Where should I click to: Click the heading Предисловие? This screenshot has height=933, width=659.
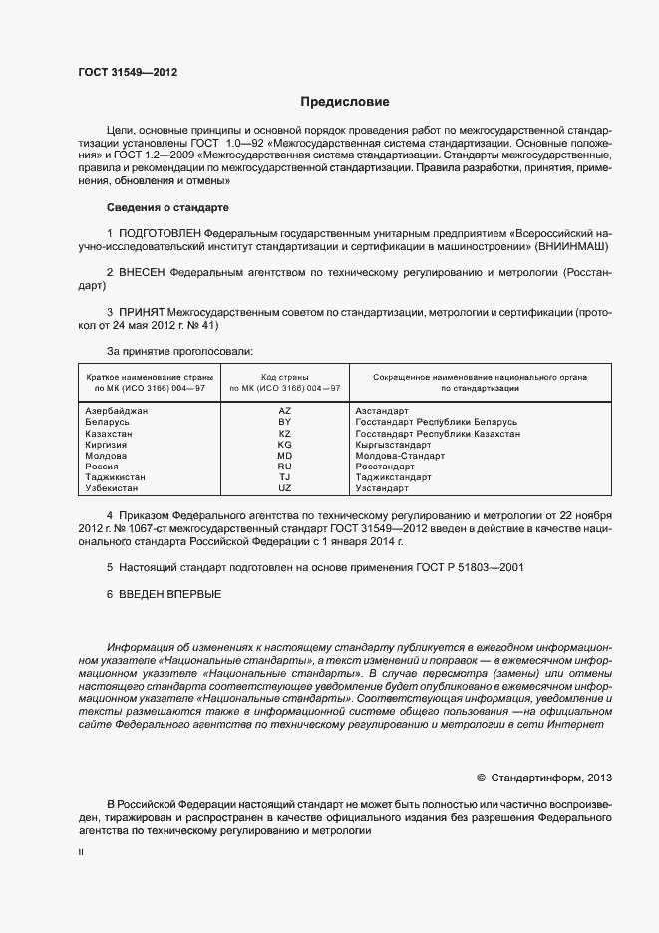(x=345, y=102)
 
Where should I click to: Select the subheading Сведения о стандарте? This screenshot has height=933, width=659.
(x=167, y=207)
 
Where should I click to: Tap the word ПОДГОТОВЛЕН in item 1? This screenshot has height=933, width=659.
(x=159, y=232)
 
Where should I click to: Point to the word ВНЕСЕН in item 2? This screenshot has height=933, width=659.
(x=143, y=271)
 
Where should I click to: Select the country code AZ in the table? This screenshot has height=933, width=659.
(x=285, y=411)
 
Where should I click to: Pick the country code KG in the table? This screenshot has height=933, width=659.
(x=285, y=445)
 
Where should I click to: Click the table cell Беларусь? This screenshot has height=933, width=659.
(x=107, y=423)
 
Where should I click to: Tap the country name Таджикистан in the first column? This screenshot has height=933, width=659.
(x=116, y=477)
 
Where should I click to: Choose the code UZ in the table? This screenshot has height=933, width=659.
(x=285, y=488)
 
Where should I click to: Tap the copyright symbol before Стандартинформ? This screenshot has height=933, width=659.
(x=482, y=776)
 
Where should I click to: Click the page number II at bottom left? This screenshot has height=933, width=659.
(x=81, y=853)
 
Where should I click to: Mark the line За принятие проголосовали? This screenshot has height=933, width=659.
(x=179, y=351)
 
